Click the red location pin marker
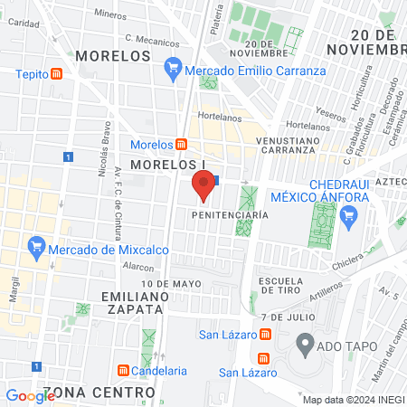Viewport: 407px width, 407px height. click(203, 185)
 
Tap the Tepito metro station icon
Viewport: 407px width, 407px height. click(57, 74)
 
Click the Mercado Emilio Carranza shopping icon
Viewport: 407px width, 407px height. click(173, 66)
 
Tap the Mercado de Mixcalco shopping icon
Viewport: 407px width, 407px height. click(37, 245)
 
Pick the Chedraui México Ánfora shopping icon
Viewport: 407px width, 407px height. click(351, 215)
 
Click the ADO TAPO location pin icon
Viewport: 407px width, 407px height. click(305, 344)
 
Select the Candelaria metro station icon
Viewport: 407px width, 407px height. click(124, 370)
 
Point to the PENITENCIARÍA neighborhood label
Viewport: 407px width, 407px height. click(231, 215)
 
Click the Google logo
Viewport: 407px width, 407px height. click(30, 395)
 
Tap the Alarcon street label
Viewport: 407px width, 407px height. click(138, 268)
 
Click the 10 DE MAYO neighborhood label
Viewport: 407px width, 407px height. click(170, 283)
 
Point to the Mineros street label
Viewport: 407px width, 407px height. click(109, 14)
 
